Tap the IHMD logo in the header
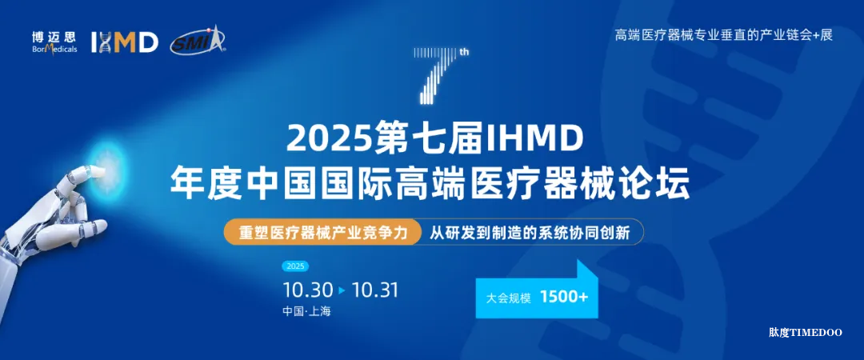125,42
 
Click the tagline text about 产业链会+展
723,35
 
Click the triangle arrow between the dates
342,290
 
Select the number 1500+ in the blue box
564,297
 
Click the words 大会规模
509,297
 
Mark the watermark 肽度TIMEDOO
805,331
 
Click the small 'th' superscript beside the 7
463,53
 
